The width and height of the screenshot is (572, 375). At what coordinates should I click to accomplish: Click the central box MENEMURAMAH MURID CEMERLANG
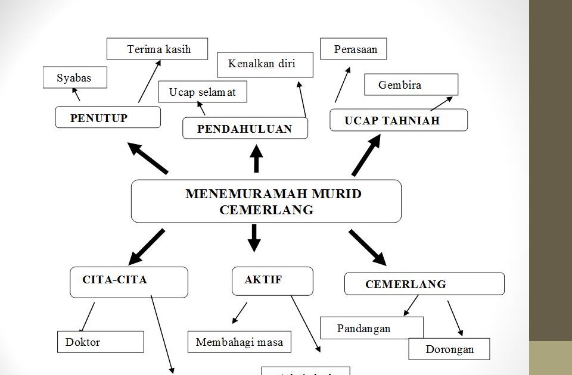[266, 201]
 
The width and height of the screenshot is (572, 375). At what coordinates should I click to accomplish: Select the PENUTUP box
[108, 117]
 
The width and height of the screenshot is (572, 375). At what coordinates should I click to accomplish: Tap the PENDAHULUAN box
[245, 129]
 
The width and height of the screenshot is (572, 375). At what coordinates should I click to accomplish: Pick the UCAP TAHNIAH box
[398, 120]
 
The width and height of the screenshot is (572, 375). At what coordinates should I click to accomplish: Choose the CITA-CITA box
[129, 282]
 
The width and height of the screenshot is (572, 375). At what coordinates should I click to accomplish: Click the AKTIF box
[272, 280]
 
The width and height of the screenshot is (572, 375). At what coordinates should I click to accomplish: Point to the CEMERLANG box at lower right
[424, 284]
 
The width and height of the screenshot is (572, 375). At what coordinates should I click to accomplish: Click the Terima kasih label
[157, 49]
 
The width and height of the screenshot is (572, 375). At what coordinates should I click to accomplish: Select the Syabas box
[75, 77]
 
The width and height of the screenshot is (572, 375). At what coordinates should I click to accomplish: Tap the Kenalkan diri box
[265, 64]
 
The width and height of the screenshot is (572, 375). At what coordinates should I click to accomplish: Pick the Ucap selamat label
[203, 92]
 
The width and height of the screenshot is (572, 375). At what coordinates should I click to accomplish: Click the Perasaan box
[353, 49]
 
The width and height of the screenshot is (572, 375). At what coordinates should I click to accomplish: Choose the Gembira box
[411, 85]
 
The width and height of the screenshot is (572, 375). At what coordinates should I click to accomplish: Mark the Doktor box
[101, 342]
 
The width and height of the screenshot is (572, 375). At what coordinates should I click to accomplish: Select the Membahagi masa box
[240, 342]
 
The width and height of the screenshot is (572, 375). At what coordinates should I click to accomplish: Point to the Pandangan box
[372, 328]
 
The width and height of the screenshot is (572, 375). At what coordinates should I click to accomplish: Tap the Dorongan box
[449, 349]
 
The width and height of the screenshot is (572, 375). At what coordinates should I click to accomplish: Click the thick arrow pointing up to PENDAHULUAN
[256, 158]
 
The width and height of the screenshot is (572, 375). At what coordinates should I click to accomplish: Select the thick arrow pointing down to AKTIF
[254, 237]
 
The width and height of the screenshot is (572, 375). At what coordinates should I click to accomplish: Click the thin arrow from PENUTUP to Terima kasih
[150, 81]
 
